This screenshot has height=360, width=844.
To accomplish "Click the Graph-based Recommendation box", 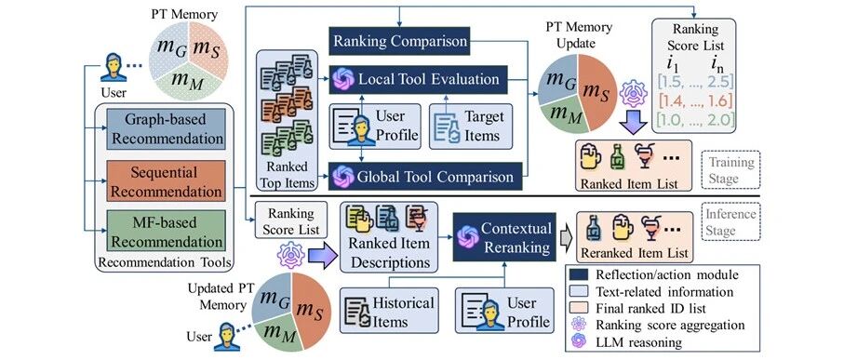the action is pyautogui.click(x=166, y=128).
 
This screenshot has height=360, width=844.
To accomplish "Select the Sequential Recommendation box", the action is pyautogui.click(x=166, y=181).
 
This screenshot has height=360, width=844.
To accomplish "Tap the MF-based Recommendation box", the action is pyautogui.click(x=166, y=232).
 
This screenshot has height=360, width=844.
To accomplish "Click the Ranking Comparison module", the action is pyautogui.click(x=399, y=42).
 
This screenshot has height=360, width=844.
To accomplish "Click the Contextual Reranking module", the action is pyautogui.click(x=503, y=237).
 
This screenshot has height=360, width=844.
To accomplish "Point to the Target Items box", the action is pyautogui.click(x=471, y=126).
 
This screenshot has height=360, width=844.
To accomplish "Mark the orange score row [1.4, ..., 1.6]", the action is pyautogui.click(x=694, y=100).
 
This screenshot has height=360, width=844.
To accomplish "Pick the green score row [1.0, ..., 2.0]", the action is pyautogui.click(x=694, y=118).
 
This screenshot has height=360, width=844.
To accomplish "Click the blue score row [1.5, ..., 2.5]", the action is pyautogui.click(x=694, y=83).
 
